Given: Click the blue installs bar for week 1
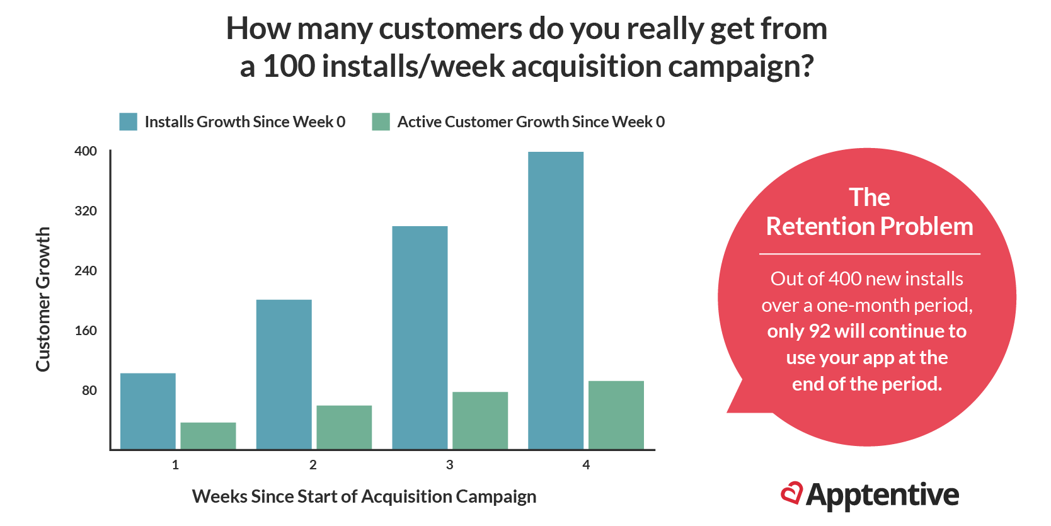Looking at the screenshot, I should [x=147, y=411].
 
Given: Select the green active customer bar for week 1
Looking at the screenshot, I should [x=208, y=435].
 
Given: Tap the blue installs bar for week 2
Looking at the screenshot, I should [x=284, y=374].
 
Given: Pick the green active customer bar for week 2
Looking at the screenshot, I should [x=344, y=427].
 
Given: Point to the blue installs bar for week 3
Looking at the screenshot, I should [x=420, y=337].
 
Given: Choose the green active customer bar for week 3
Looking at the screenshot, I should [x=480, y=420].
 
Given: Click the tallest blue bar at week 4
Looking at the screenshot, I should [x=556, y=300].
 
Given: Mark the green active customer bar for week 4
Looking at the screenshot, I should [x=616, y=415].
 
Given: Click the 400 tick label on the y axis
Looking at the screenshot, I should [x=86, y=151].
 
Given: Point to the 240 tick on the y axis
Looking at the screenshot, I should [x=86, y=271].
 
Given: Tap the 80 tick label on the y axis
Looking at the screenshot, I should [x=89, y=391].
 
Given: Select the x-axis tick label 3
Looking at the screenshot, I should [x=449, y=465].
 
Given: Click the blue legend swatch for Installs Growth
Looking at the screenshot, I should [x=128, y=122].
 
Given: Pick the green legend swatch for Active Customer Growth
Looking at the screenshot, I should [x=381, y=122].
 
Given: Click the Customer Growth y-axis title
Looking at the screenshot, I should [x=43, y=299].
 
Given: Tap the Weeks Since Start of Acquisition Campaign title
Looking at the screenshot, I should [x=364, y=496].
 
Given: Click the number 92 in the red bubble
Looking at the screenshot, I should [x=820, y=331].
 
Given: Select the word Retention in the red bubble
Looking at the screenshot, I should [x=819, y=227].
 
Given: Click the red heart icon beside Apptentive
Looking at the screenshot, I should [x=791, y=493].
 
